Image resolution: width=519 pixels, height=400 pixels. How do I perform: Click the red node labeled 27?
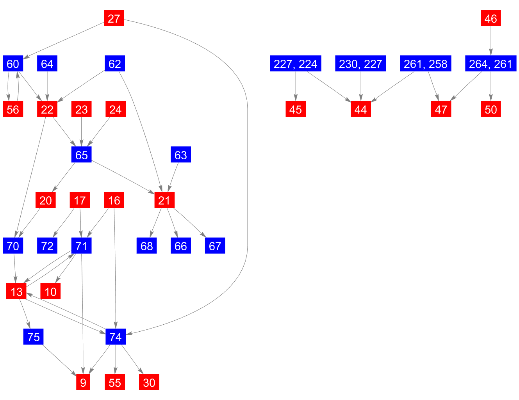[x=114, y=18]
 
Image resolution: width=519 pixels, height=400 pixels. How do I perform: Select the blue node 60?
[x=13, y=64]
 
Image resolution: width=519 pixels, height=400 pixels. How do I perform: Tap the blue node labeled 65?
[x=81, y=155]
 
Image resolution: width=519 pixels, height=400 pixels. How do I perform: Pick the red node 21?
[x=164, y=200]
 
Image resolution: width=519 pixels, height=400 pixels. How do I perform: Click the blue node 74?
[x=116, y=337]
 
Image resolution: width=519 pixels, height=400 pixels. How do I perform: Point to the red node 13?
[x=16, y=292]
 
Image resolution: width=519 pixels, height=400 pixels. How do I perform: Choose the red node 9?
[x=83, y=382]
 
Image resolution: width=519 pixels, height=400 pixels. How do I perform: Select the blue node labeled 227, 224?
[x=296, y=64]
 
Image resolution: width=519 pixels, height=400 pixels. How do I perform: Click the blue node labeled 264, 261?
[x=490, y=64]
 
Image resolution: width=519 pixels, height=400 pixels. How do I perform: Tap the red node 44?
[x=360, y=109]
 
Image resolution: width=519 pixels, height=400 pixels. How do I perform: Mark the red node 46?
[x=490, y=18]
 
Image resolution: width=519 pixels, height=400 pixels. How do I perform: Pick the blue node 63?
[x=181, y=155]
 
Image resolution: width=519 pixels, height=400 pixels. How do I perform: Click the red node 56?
[x=13, y=109]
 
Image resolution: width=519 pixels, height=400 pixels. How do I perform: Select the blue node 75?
[x=34, y=337]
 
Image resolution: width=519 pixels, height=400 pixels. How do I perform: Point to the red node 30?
[x=149, y=382]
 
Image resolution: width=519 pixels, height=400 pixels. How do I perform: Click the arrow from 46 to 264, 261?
[x=490, y=41]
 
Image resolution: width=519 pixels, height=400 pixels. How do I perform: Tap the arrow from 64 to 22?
[x=47, y=86]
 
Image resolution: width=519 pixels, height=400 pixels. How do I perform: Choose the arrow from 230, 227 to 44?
[x=360, y=86]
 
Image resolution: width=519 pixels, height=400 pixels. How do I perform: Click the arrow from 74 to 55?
[x=116, y=359]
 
